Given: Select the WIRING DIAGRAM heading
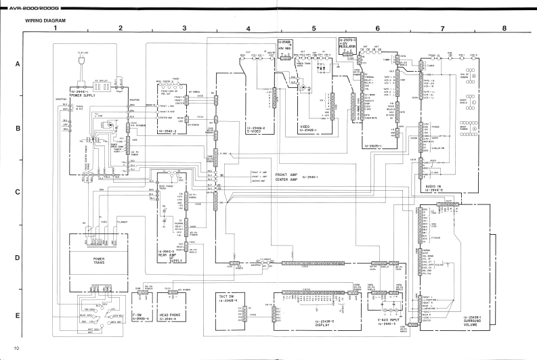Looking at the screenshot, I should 45,21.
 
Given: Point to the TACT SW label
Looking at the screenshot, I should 228,297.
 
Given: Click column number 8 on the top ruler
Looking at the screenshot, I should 504,29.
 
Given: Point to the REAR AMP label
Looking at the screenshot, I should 171,253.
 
